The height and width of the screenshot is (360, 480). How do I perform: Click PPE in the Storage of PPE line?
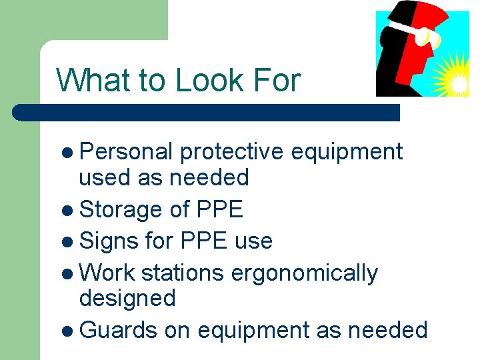click(x=219, y=209)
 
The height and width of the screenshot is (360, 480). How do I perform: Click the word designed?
click(x=127, y=298)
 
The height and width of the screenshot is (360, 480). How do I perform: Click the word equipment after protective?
click(x=347, y=152)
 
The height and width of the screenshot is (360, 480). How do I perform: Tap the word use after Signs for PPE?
click(x=253, y=241)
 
